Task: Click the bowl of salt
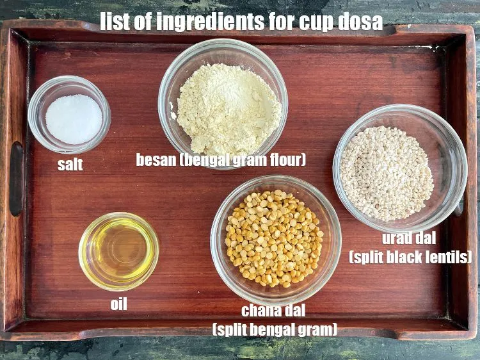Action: coord(69,115)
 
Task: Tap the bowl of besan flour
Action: coord(223,102)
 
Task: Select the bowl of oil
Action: coord(118,251)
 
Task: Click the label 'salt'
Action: coord(70,165)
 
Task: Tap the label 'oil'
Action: coord(118,304)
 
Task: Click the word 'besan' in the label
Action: coord(156,160)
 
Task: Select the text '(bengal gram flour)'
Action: coord(244,160)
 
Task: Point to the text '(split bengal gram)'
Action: coord(275,330)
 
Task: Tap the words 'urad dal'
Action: coord(409,239)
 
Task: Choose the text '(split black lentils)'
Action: coord(410,258)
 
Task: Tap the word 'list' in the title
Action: coord(116,21)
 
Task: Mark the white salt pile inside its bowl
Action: coord(73,119)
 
